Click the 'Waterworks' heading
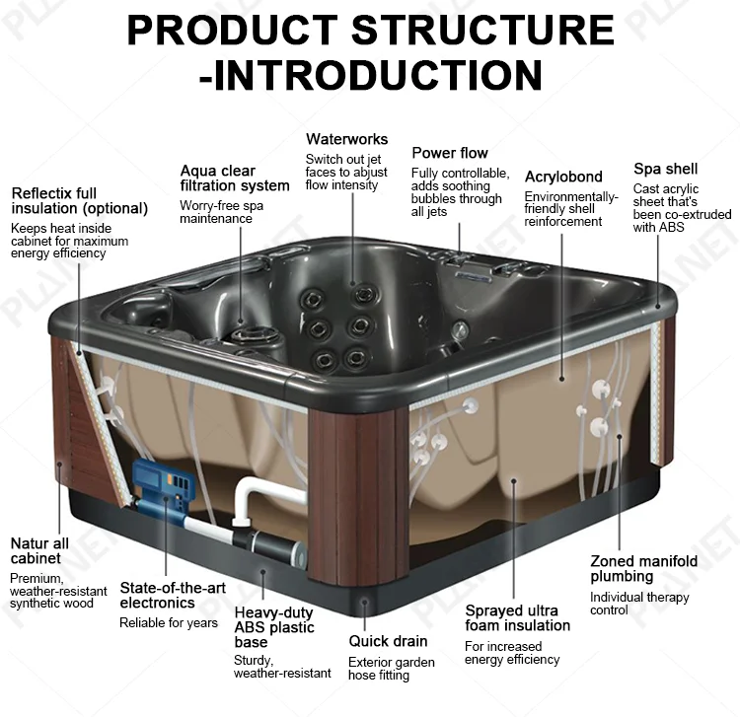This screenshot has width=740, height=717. (347, 139)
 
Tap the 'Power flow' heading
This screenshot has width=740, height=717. (450, 153)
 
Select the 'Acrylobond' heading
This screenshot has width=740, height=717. (563, 177)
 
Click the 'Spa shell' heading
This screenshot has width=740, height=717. (665, 169)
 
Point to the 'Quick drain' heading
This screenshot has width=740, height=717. (388, 641)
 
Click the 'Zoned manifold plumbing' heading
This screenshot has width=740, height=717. (643, 568)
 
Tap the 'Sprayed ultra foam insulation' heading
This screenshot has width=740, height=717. (518, 618)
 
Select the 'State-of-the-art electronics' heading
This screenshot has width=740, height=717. (173, 595)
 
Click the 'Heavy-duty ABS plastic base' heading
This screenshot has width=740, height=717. (274, 627)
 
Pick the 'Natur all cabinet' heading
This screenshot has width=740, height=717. (39, 550)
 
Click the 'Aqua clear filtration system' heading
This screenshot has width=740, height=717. (235, 179)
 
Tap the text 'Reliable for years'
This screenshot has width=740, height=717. (169, 623)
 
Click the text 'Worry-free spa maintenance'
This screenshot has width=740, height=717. (221, 212)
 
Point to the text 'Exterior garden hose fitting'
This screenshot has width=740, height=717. (392, 669)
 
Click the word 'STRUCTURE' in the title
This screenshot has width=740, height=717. (482, 30)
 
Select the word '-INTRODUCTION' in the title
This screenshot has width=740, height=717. (370, 75)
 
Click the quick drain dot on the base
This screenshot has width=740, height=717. (364, 602)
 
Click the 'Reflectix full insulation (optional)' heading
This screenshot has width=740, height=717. (79, 201)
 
